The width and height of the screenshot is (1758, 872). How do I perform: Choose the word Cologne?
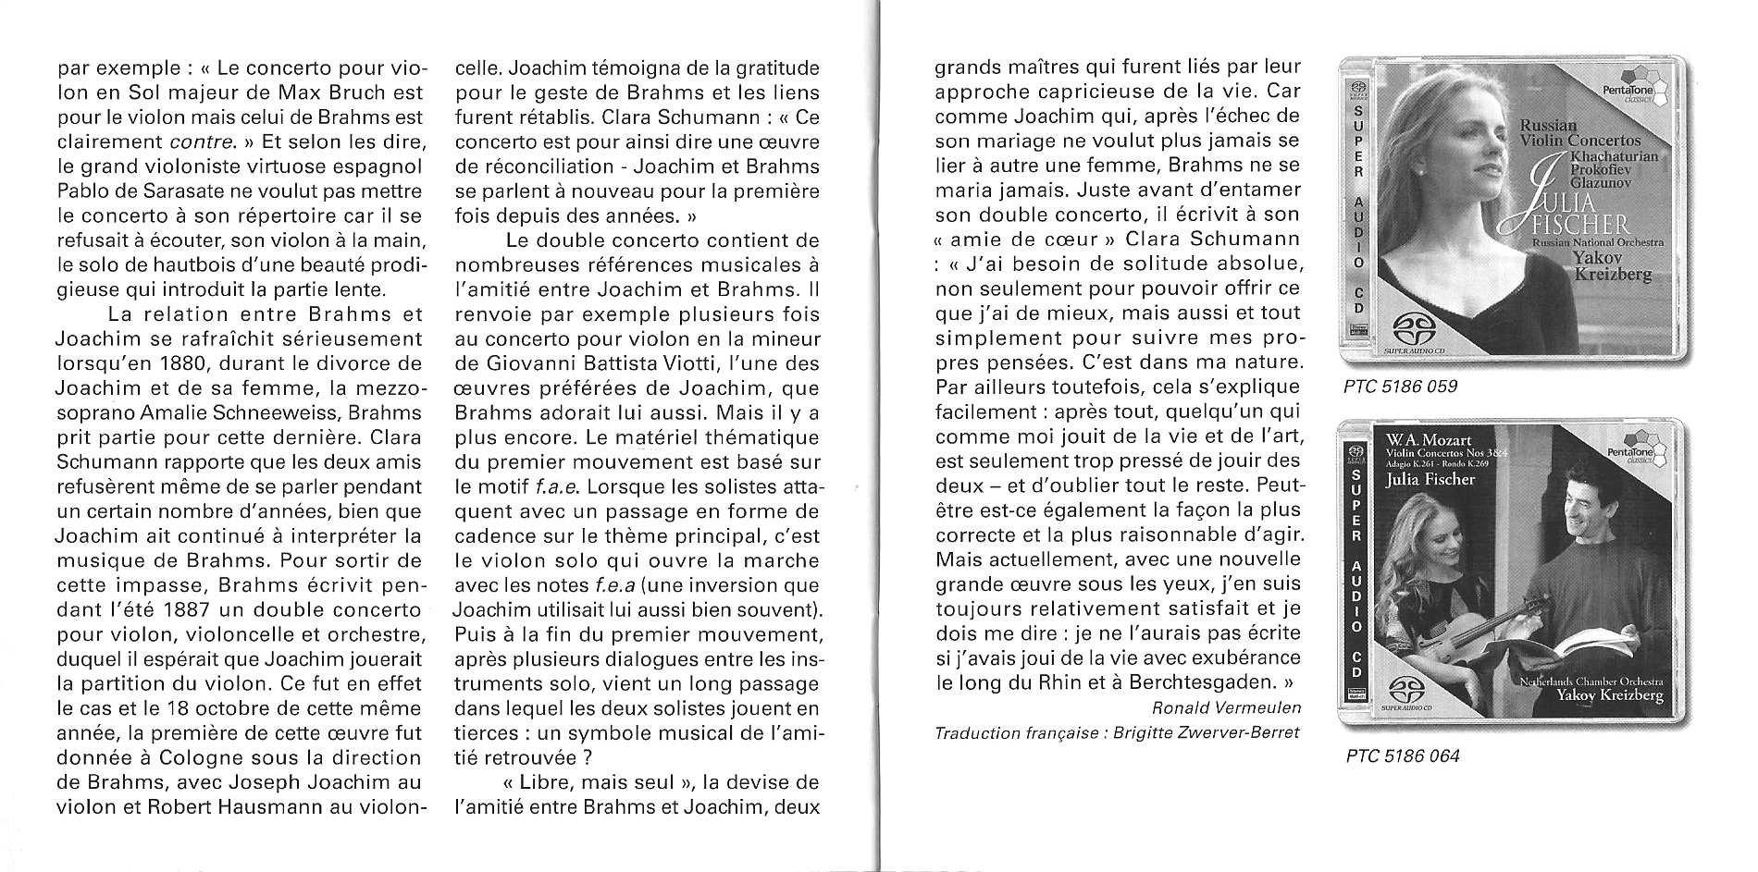pos(203,757)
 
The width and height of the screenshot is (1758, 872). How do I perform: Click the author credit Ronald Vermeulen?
pos(1226,708)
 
